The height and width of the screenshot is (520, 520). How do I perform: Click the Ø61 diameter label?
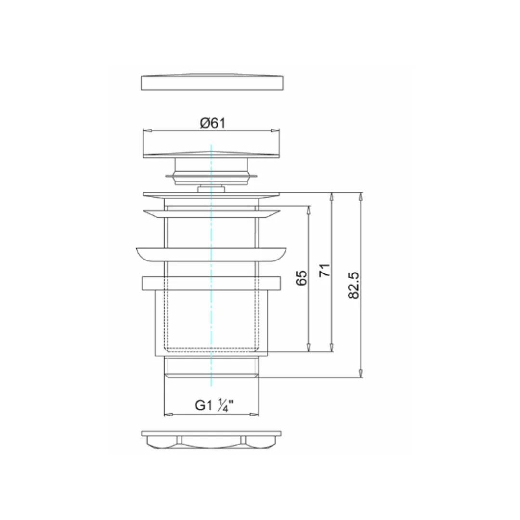point(213,123)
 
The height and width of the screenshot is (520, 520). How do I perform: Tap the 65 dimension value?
point(301,278)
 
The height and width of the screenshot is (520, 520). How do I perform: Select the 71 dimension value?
point(325,270)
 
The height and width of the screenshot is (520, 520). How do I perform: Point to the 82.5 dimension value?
point(354,285)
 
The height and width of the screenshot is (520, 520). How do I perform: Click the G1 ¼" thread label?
point(214,405)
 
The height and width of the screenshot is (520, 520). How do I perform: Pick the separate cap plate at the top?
point(212,82)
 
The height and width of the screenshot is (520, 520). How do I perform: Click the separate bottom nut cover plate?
point(211,440)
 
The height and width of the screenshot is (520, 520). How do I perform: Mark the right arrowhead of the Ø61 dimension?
point(275,130)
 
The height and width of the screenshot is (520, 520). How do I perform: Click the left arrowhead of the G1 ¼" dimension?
point(169,414)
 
